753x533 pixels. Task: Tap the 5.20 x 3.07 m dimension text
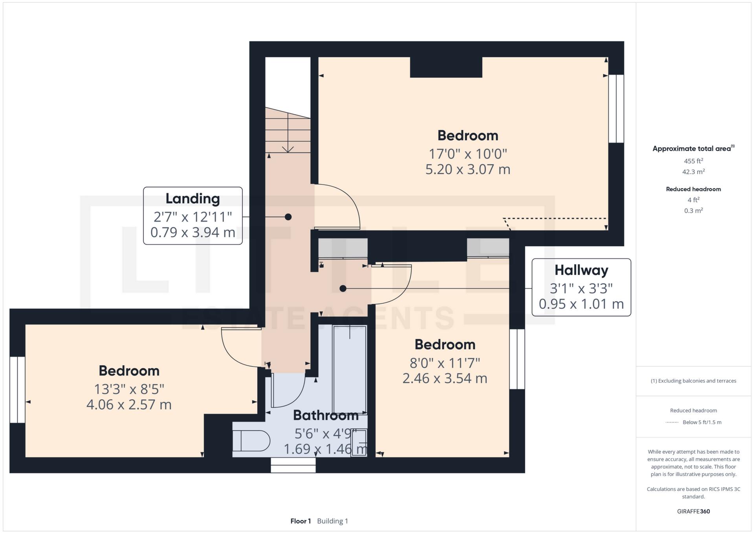click(467, 169)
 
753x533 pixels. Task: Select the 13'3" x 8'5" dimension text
click(129, 389)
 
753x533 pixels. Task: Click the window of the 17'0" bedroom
click(616, 108)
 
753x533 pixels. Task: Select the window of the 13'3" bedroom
click(17, 389)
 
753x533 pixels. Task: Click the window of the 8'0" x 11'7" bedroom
click(517, 359)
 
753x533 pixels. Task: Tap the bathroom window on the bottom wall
click(293, 465)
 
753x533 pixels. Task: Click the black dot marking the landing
click(288, 217)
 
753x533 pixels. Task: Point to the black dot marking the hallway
click(343, 289)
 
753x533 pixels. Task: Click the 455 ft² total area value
click(693, 161)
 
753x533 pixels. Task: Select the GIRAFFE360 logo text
click(693, 511)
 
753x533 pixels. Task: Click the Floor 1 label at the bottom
click(300, 521)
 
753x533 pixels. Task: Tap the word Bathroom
click(326, 415)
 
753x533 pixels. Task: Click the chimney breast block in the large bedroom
click(446, 67)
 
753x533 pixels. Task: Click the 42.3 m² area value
click(693, 172)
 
